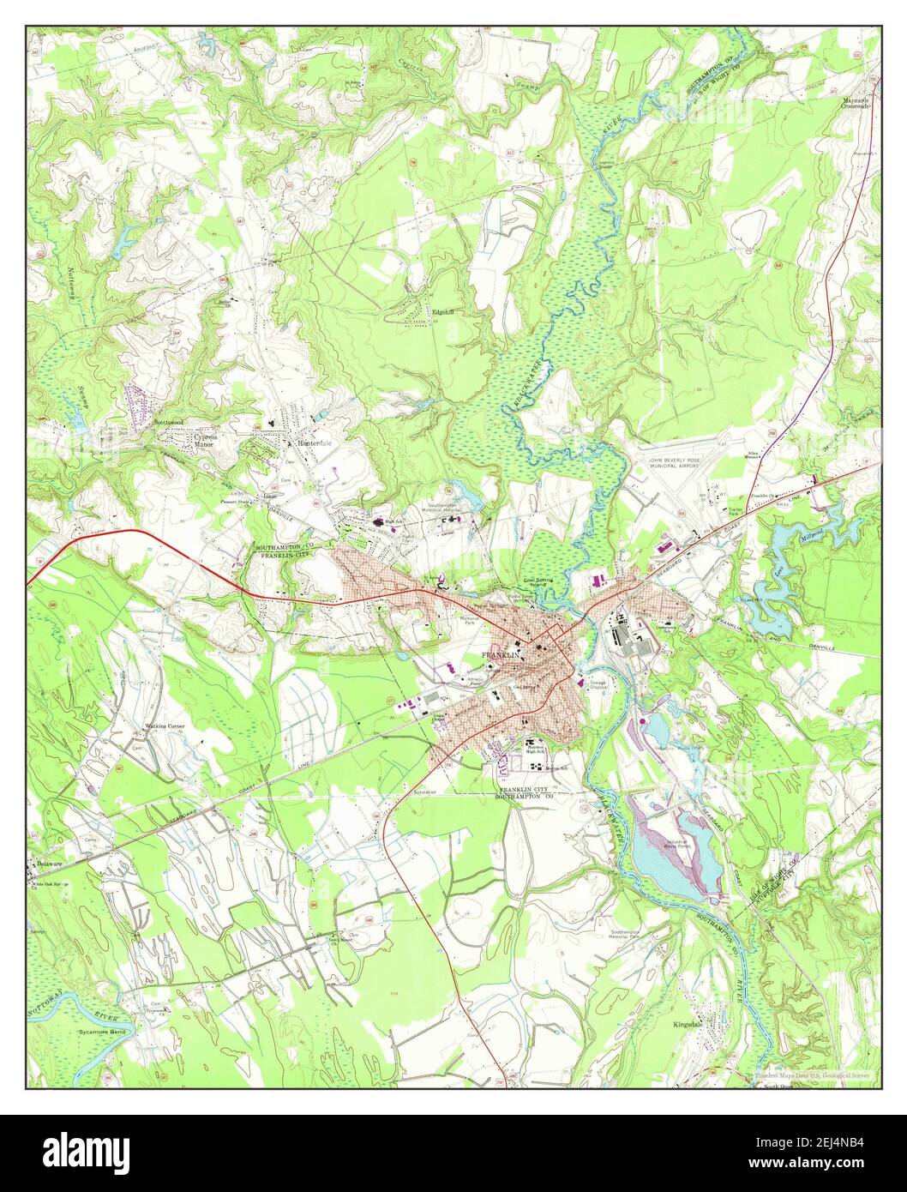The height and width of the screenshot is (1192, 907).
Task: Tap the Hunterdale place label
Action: coord(315,443)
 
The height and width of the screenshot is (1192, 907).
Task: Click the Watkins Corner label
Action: coord(165,726)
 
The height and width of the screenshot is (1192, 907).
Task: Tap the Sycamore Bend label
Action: coord(102,1032)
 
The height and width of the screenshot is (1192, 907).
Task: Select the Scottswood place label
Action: coord(170,424)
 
